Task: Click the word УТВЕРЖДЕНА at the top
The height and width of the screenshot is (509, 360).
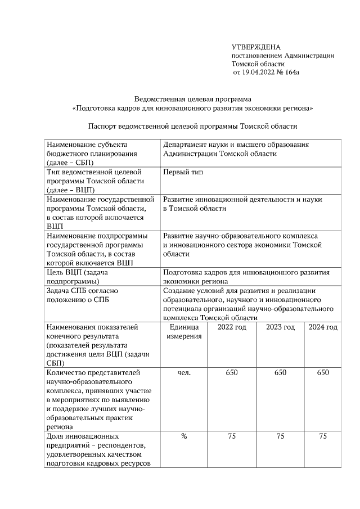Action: click(x=255, y=47)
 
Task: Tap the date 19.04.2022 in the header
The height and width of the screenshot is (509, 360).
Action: click(x=264, y=73)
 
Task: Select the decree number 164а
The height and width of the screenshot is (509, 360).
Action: click(x=294, y=73)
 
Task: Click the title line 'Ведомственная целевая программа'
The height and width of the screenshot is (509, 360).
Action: click(x=193, y=99)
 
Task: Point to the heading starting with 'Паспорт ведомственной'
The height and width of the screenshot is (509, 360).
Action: click(x=193, y=127)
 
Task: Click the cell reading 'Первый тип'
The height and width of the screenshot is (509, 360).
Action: click(x=183, y=172)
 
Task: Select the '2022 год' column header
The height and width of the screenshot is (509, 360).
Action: click(x=232, y=327)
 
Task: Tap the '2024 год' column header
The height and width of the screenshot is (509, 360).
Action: click(x=323, y=327)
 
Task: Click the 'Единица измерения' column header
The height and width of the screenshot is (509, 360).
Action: click(x=183, y=332)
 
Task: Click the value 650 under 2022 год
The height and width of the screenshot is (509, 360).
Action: click(x=232, y=372)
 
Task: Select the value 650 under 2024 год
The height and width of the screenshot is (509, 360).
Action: click(x=323, y=372)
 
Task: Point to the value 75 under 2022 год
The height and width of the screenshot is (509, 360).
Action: click(x=232, y=436)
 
